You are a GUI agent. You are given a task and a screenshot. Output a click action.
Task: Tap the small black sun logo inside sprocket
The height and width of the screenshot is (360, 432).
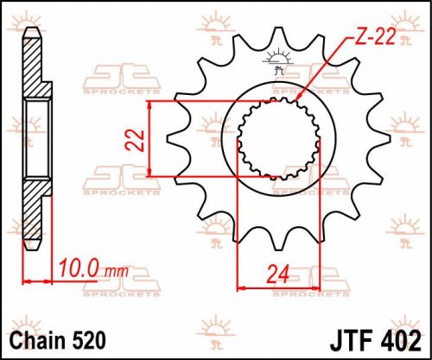[278, 64]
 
